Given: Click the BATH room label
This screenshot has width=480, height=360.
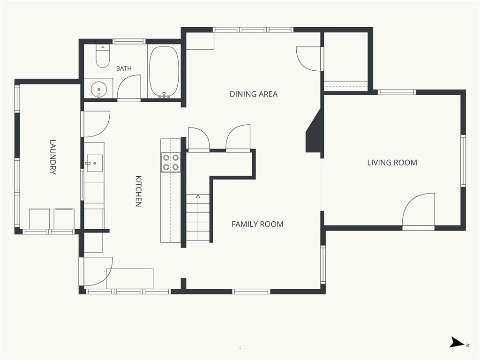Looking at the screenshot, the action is point(124,68).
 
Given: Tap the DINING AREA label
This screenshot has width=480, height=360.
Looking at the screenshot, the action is point(254,94).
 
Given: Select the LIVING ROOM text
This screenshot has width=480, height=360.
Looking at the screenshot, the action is point(392,163).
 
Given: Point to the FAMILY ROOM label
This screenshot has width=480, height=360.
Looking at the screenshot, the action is point(257,224).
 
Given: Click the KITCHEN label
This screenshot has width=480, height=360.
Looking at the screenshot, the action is point(138,191).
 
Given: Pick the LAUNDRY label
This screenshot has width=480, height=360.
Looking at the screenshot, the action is point(53,157).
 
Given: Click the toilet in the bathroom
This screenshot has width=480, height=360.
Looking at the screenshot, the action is point(103,56).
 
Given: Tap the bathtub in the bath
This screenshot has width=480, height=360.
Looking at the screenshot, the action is point(164,72).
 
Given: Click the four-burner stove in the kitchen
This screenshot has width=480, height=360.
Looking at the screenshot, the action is point(171,162).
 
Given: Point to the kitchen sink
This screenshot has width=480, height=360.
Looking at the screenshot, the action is point(94,163).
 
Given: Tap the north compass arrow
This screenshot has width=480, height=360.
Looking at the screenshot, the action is point(457,342).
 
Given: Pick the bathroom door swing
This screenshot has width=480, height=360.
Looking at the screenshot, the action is point(129,87).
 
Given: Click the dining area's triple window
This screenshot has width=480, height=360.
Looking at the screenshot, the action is point(253,30).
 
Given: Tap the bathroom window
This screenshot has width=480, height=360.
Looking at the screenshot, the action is point(129,41).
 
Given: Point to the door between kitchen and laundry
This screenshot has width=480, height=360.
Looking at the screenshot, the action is point(95,124).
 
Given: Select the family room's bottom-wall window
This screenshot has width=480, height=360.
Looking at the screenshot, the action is point(251,292).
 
